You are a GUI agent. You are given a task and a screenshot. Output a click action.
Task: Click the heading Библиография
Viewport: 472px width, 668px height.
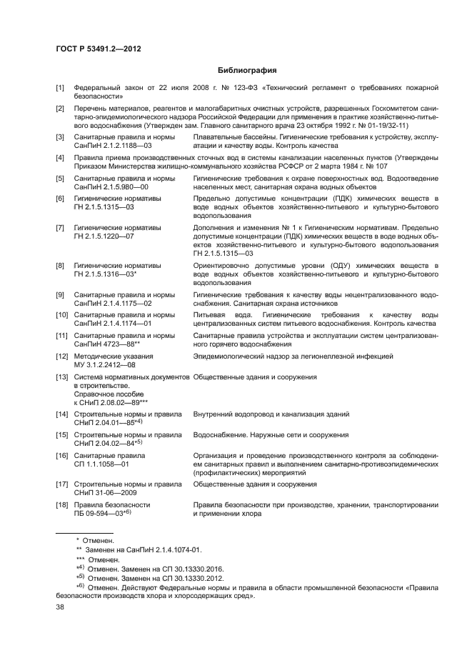(247, 71)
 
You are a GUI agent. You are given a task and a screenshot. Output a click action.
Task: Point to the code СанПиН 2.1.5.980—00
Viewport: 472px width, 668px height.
(111, 186)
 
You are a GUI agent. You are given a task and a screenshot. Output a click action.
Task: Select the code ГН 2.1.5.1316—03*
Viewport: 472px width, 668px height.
(106, 274)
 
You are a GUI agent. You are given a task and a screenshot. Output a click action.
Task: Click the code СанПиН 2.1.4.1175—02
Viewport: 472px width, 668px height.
(113, 303)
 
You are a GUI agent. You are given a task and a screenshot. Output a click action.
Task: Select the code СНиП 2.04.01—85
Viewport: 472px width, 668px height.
(107, 422)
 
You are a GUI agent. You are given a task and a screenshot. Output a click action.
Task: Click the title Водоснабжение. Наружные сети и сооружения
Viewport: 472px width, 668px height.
(271, 434)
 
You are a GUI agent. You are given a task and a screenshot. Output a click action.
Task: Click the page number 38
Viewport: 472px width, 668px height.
(61, 608)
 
